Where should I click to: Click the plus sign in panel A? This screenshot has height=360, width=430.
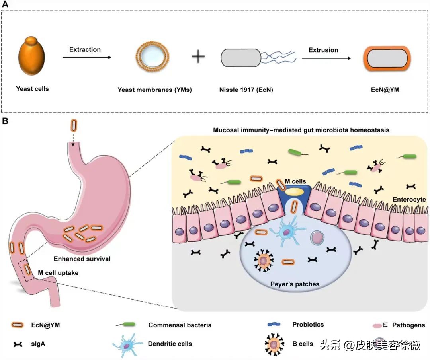[198, 56]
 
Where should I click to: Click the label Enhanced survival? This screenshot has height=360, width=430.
[82, 259]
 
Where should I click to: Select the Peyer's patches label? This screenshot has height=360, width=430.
[295, 284]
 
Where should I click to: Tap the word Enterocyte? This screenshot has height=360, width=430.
[409, 199]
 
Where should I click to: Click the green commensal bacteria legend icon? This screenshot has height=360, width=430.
[127, 325]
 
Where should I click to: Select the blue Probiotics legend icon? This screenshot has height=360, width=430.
[274, 325]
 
